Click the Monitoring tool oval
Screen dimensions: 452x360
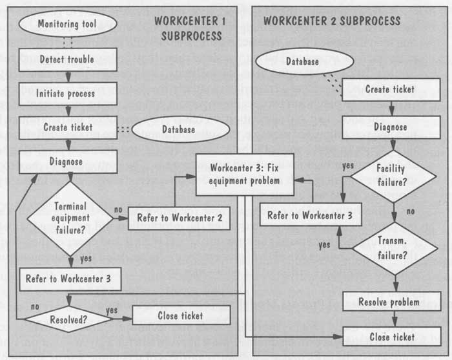tap(68, 24)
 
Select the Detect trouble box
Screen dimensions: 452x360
tap(68, 59)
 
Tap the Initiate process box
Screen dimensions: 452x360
tap(68, 94)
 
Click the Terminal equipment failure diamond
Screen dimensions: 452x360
tap(70, 218)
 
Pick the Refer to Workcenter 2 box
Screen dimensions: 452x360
tap(179, 218)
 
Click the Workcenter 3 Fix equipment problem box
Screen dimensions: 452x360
tap(245, 175)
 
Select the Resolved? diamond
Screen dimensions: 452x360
tap(68, 319)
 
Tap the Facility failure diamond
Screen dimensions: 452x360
tap(393, 176)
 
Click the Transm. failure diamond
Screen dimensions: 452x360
tap(395, 248)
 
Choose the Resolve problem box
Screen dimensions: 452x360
tap(392, 301)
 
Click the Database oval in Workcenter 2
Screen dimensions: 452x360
tap(305, 61)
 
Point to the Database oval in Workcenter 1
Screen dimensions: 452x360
tap(181, 129)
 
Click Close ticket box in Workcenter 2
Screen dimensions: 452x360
tap(392, 336)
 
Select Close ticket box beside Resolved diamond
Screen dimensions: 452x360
tap(181, 315)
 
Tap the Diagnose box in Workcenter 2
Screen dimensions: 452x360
tap(391, 127)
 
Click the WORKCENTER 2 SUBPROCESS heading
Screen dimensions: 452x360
tap(332, 21)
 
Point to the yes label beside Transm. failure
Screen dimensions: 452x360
tap(324, 245)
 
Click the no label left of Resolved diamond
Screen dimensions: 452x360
tap(35, 306)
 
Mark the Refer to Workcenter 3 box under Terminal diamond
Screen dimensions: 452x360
tap(70, 279)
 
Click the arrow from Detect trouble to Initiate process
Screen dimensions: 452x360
tap(68, 77)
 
